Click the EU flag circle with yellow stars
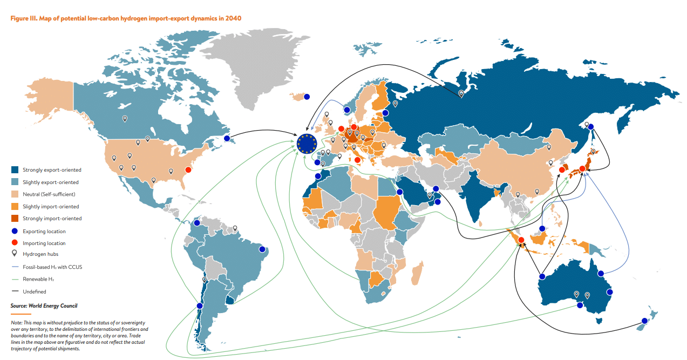pyautogui.click(x=307, y=144)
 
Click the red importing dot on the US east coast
pyautogui.click(x=188, y=170)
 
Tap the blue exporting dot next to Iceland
pyautogui.click(x=307, y=97)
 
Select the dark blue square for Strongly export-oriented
pyautogui.click(x=15, y=170)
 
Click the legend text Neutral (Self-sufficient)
pyautogui.click(x=49, y=194)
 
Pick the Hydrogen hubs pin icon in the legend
pyautogui.click(x=15, y=254)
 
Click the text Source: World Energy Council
pyautogui.click(x=44, y=306)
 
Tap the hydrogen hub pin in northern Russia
pyautogui.click(x=461, y=93)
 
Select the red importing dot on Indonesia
pyautogui.click(x=521, y=240)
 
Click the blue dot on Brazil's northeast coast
pyautogui.click(x=262, y=249)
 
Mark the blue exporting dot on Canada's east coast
pyautogui.click(x=227, y=139)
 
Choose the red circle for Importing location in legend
pyautogui.click(x=15, y=243)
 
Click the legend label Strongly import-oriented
pyautogui.click(x=52, y=219)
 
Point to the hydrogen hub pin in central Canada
pyautogui.click(x=125, y=118)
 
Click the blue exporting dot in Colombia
pyautogui.click(x=197, y=222)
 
